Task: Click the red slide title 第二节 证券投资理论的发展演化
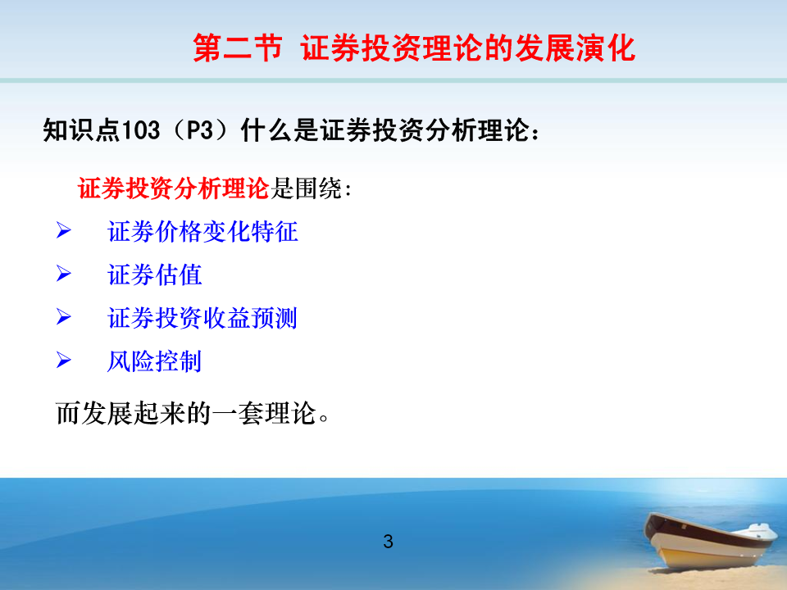414,48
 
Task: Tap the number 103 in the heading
141,130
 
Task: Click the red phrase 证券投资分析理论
174,188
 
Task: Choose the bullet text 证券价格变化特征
202,232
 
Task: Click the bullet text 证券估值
155,275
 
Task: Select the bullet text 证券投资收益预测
202,318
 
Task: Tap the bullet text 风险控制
155,361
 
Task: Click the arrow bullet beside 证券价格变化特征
63,231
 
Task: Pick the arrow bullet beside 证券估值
63,274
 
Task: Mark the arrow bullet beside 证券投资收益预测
63,317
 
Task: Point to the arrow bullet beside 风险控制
63,361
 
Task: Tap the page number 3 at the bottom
388,542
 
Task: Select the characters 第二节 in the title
238,48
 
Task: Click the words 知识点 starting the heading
82,130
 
